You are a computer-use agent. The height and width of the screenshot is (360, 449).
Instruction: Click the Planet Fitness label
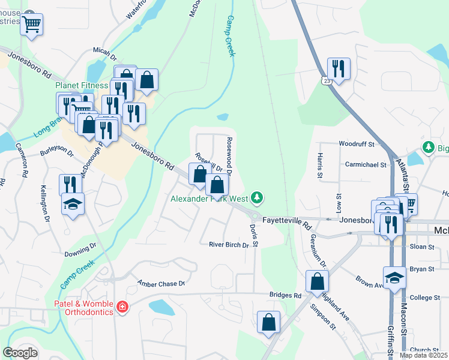coord(82,85)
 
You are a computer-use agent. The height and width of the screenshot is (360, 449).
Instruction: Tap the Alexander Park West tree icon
coord(257,197)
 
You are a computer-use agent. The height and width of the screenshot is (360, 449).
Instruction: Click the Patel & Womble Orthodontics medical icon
coord(122,307)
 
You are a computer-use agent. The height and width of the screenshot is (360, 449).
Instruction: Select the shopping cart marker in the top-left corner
coord(31,25)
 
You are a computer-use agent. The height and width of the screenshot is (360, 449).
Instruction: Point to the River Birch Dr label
coord(228,244)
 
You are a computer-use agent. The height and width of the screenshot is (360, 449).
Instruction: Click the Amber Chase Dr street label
coord(161,283)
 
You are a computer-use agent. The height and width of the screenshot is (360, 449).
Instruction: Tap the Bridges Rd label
coord(285,295)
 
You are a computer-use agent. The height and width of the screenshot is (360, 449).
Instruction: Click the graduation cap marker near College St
coord(394,278)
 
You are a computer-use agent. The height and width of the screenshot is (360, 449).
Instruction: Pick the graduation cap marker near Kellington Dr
coord(73,205)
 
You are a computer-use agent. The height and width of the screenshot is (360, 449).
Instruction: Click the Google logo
coord(20,353)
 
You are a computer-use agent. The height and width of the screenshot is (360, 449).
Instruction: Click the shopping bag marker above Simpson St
coord(316,281)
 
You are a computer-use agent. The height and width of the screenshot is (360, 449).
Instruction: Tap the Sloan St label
coord(422,247)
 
